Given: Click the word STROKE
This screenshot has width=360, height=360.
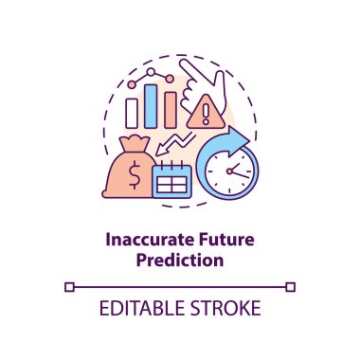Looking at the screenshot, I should point(225,310).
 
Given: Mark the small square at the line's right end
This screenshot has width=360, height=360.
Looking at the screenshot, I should point(292,284).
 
